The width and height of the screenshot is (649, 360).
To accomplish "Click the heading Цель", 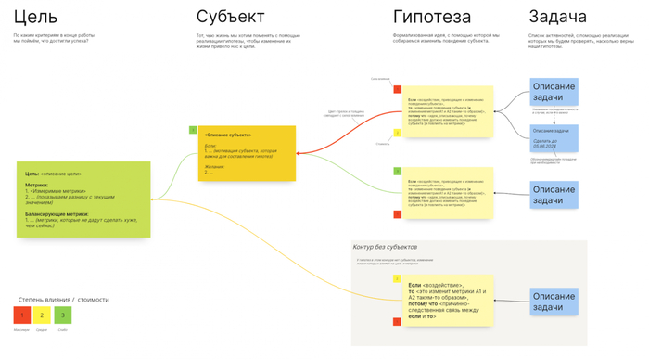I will (36, 18).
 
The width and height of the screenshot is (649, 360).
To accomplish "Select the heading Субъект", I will (230, 18).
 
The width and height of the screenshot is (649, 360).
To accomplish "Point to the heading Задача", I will (557, 18).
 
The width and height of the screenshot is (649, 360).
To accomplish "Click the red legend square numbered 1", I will (21, 315).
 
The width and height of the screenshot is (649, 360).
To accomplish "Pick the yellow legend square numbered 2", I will (42, 315).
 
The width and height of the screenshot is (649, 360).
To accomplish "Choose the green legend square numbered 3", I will (62, 315).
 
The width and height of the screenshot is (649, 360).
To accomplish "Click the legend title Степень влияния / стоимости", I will (63, 300).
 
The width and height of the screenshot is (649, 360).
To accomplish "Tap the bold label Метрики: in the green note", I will (37, 185).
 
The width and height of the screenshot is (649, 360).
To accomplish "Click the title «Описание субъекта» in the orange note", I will (228, 135).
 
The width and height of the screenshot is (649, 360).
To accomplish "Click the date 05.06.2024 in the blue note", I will (543, 146).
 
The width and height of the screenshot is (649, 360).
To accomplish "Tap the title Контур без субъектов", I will (385, 247).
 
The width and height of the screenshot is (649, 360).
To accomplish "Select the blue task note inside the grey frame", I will (554, 302).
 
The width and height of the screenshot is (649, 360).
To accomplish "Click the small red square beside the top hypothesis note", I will (397, 89).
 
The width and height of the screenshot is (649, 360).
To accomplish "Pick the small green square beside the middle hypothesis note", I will (397, 172).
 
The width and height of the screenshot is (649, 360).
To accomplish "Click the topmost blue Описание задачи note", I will (554, 92).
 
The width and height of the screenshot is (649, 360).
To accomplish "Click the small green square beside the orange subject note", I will (193, 130).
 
